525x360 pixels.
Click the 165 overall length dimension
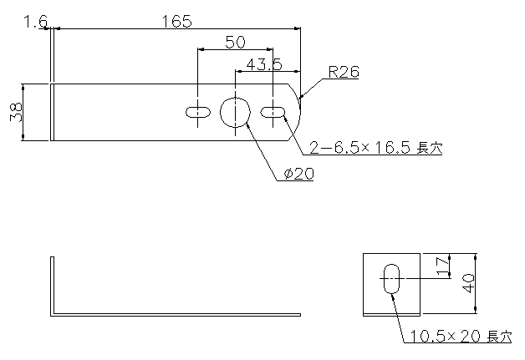[176, 22]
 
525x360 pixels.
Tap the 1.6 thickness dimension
[35, 22]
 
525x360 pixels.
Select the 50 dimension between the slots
[236, 43]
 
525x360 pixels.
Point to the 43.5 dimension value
[264, 64]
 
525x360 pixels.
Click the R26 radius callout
[344, 72]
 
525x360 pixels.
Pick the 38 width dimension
[16, 112]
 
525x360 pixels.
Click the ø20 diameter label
[298, 174]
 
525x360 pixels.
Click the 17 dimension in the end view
[443, 266]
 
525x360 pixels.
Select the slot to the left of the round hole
[198, 113]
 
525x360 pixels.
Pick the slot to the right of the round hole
[273, 113]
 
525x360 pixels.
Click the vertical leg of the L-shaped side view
[52, 285]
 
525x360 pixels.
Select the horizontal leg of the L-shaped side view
[176, 315]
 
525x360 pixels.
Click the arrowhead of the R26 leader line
[302, 96]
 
